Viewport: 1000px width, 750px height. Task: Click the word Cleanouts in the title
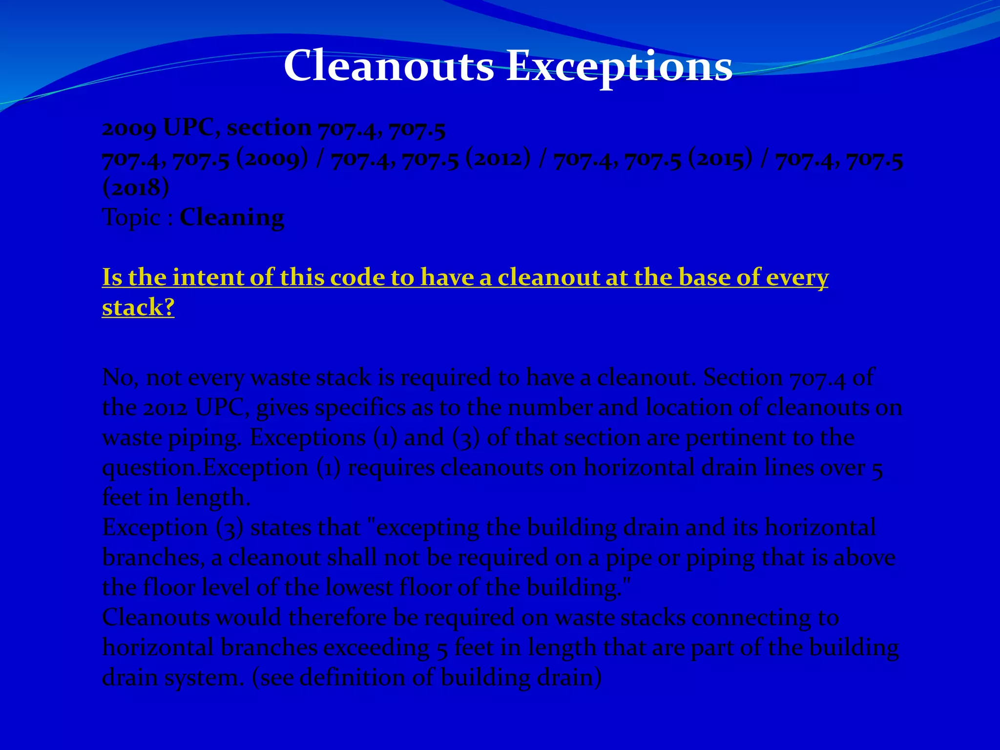(389, 65)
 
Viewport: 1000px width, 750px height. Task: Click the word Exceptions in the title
(619, 66)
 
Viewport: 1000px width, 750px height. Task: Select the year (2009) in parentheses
(272, 159)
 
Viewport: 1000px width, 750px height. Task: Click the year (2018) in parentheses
(136, 187)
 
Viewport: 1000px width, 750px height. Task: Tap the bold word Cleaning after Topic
(231, 217)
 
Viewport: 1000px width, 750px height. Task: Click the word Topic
(131, 217)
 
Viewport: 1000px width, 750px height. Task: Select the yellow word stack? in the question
(138, 307)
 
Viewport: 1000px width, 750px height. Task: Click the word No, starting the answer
(120, 378)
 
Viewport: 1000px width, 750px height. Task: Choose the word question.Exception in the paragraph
(205, 468)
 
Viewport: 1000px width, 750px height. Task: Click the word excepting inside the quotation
(428, 528)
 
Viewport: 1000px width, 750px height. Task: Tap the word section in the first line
(269, 128)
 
